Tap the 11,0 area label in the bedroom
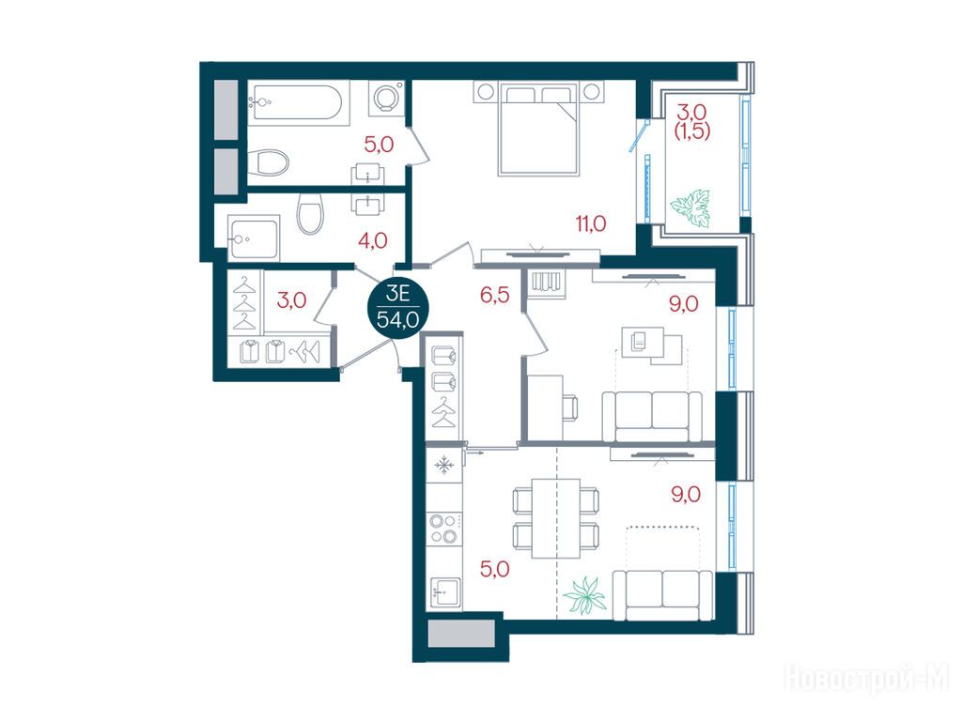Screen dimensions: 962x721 (590, 223)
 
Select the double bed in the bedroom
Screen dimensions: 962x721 (538, 130)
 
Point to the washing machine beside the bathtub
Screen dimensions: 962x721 (386, 98)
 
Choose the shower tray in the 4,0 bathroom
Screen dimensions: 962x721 (254, 238)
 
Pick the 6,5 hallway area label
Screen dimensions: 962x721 (494, 296)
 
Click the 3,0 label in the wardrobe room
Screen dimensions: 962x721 (291, 300)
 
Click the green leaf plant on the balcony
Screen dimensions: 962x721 (690, 209)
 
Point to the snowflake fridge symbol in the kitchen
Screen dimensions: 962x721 (443, 466)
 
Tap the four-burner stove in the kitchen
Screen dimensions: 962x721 (443, 529)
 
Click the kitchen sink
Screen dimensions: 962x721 (446, 593)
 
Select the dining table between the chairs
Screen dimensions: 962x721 (556, 518)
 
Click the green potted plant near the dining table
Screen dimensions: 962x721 (584, 594)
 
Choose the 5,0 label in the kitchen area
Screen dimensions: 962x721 (494, 570)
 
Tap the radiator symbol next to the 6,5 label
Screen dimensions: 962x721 (548, 283)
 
